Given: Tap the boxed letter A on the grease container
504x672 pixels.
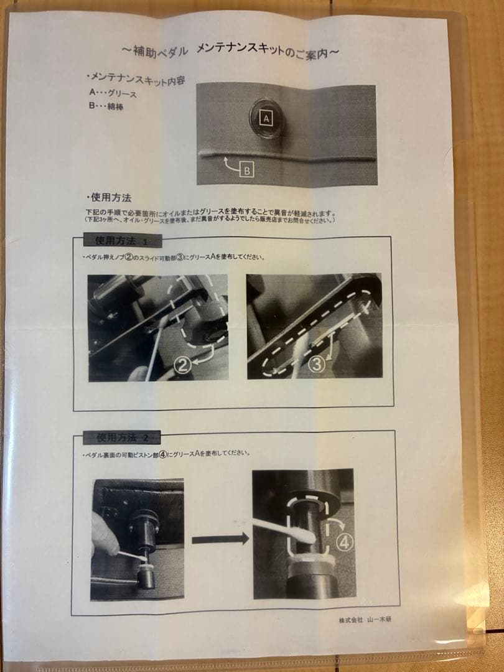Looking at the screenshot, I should (266, 117).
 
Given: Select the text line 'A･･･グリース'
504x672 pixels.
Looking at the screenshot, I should (113, 93).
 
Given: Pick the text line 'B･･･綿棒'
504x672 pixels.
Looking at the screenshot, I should (107, 106).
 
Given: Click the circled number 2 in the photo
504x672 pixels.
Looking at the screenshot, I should (182, 365).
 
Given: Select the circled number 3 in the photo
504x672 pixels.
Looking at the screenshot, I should (317, 364).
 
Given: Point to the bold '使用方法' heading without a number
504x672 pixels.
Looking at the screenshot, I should (109, 198).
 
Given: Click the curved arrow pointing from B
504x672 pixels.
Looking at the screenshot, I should (228, 164).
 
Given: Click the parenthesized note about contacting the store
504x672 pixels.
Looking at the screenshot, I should (212, 220).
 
